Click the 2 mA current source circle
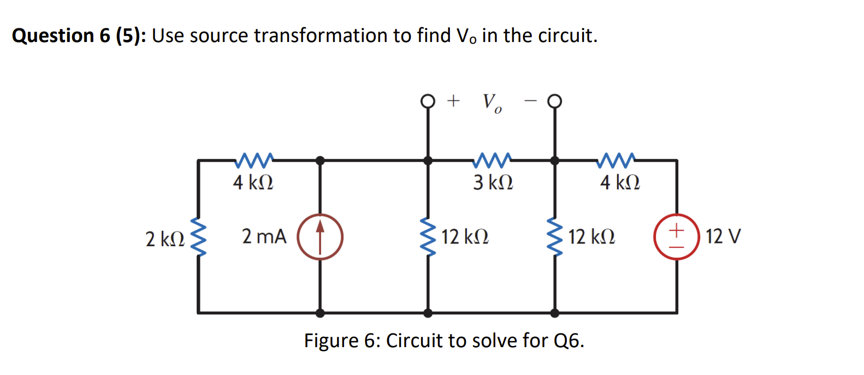point(320,237)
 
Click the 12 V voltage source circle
point(677,236)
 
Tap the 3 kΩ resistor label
point(493,182)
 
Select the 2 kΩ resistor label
point(164,239)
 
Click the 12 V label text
point(723,236)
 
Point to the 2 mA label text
point(264,236)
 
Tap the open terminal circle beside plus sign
point(428,101)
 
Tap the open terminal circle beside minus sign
point(554,101)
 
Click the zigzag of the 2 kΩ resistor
point(198,236)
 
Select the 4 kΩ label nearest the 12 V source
point(619,182)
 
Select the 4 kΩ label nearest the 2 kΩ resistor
point(252,182)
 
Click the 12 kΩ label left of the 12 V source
point(591,237)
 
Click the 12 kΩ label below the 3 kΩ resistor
point(465,237)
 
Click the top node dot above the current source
point(320,160)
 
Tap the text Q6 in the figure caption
point(569,341)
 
